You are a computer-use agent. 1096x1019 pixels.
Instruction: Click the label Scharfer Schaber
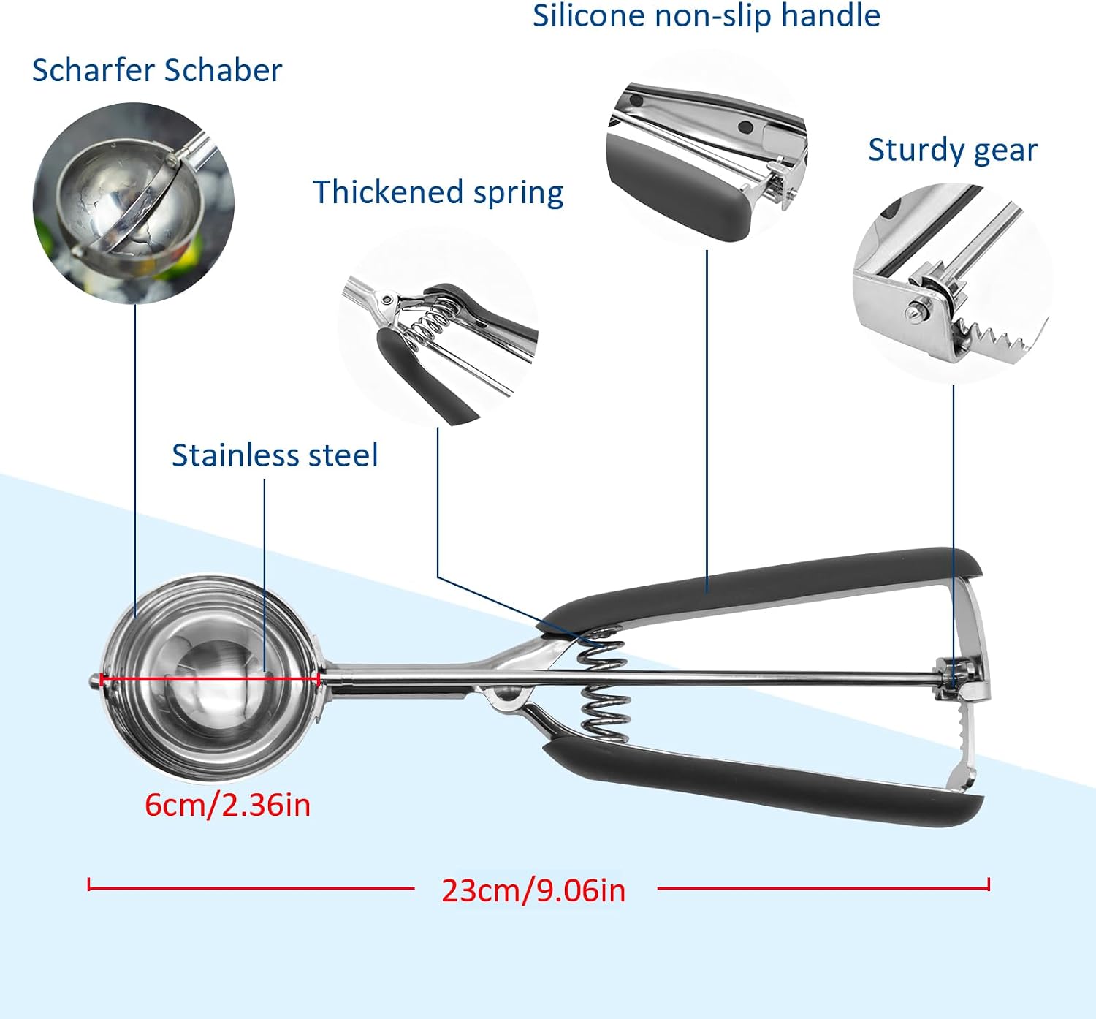157,70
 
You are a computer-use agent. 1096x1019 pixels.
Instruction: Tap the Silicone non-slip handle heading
706,15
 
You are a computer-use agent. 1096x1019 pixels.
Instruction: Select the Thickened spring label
438,192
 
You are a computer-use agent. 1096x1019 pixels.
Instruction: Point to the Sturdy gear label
953,150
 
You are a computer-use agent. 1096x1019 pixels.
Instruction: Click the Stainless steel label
275,455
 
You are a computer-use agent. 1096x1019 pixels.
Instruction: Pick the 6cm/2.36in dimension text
227,805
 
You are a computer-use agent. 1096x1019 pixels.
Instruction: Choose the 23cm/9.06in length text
533,890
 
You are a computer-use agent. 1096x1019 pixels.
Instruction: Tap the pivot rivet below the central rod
506,695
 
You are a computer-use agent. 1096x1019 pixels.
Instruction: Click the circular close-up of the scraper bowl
134,203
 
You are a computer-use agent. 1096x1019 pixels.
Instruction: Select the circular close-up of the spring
438,327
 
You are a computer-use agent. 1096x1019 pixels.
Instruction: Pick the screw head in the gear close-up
914,313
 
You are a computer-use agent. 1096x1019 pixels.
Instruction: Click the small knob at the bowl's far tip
94,681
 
